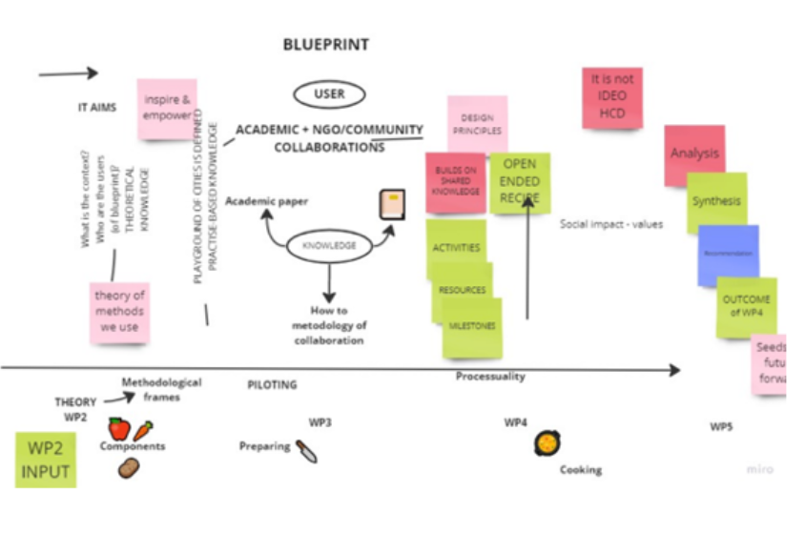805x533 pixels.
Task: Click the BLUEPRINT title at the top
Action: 325,45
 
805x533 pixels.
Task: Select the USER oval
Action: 328,93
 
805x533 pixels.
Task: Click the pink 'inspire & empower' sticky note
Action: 167,108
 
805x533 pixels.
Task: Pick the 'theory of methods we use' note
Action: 119,311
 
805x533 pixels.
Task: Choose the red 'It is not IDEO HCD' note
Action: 611,96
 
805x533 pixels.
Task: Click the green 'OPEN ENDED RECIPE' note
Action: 520,182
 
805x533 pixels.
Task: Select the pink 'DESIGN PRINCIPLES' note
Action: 477,124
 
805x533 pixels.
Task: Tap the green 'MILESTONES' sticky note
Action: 472,327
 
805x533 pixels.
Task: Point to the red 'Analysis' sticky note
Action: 693,154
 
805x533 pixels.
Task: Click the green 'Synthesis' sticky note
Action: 716,202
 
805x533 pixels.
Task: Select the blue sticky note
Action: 728,255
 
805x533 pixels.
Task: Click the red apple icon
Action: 119,429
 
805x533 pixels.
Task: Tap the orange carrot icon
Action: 143,430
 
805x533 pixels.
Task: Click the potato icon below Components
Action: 129,468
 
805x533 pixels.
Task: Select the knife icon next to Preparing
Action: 306,450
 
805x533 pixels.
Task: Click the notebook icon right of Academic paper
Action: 392,204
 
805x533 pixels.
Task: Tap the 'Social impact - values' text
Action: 610,225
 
